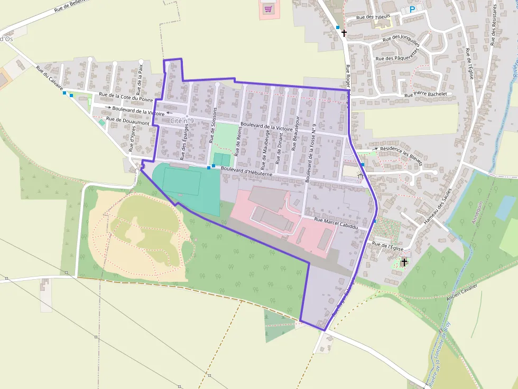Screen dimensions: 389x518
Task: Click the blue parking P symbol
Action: tap(412, 10)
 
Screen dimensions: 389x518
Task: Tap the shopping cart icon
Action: tap(268, 8)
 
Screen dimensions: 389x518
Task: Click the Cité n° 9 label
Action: tap(182, 121)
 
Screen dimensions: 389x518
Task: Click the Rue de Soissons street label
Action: tap(214, 125)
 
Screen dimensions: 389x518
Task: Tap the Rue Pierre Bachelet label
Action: tap(425, 94)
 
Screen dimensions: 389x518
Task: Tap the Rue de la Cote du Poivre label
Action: tap(126, 97)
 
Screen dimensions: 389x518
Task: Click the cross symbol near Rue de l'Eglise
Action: tap(404, 262)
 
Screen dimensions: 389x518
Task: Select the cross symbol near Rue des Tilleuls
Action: tap(344, 33)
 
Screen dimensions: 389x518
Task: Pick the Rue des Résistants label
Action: tap(494, 29)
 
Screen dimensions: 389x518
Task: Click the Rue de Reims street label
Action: tap(238, 143)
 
